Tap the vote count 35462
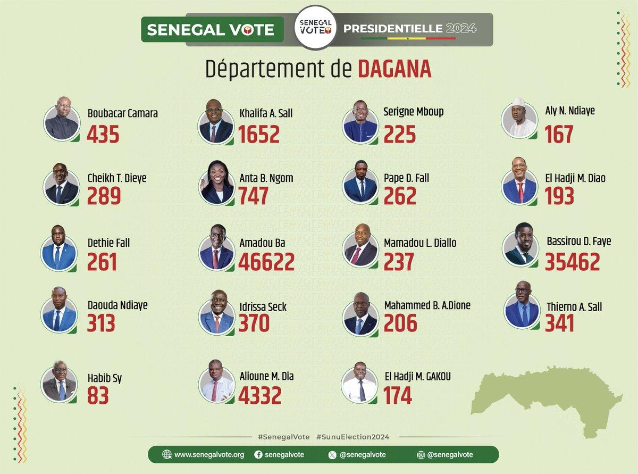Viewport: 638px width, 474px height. (572, 262)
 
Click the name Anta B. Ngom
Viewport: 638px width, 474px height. (266, 178)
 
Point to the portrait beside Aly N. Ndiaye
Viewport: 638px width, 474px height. (519, 119)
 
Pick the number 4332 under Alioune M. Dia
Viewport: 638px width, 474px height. (260, 395)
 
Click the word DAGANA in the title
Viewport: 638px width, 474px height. (394, 70)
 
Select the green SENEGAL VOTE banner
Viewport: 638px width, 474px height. (212, 29)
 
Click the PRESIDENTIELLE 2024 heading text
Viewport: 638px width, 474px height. (409, 28)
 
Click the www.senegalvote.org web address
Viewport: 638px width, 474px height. (209, 454)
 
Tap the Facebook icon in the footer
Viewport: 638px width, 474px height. (258, 454)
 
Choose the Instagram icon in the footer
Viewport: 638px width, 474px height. (421, 454)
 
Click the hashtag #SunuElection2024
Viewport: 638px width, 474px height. (352, 437)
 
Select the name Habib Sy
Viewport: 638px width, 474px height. (105, 378)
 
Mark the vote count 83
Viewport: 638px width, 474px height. (98, 396)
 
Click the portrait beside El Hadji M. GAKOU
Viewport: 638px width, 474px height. (360, 383)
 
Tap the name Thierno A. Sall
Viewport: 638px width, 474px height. (574, 306)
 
